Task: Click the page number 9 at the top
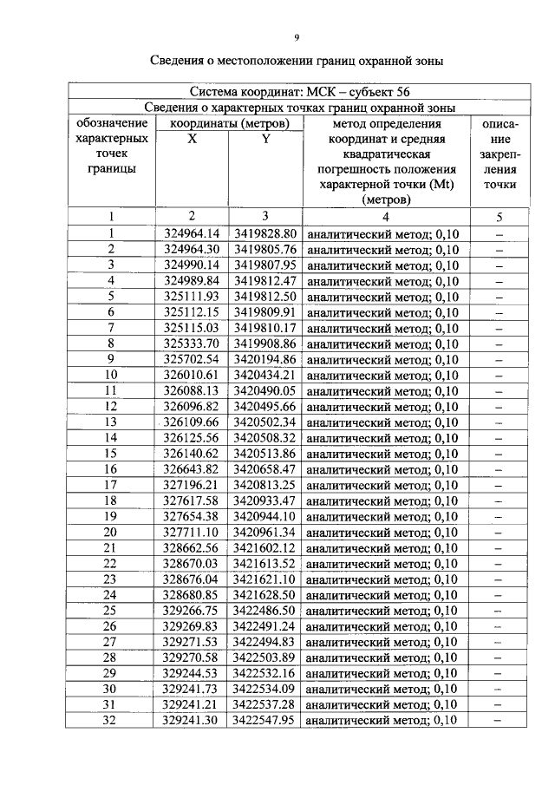coord(297,36)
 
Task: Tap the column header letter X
coord(192,139)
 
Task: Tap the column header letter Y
coord(264,139)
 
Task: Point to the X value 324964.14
coord(192,233)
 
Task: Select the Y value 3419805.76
coord(264,249)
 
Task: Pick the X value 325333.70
coord(192,343)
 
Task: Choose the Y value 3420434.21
coord(264,375)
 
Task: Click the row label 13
coord(112,422)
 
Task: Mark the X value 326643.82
coord(192,469)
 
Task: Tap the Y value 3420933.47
coord(264,500)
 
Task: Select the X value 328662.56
coord(192,548)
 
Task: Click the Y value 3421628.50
coord(264,595)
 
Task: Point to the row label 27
coord(112,642)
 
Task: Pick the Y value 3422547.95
coord(264,721)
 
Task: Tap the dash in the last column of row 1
coord(499,233)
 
